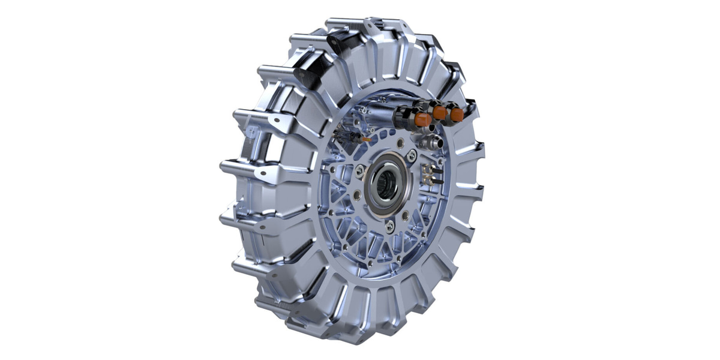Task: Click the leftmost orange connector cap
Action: [423, 119]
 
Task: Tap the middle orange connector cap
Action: [440, 113]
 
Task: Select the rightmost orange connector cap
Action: [457, 115]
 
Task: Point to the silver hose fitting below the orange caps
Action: [434, 143]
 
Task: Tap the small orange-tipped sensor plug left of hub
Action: [365, 139]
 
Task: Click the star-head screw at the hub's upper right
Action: [412, 156]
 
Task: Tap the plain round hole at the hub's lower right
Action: [406, 214]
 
